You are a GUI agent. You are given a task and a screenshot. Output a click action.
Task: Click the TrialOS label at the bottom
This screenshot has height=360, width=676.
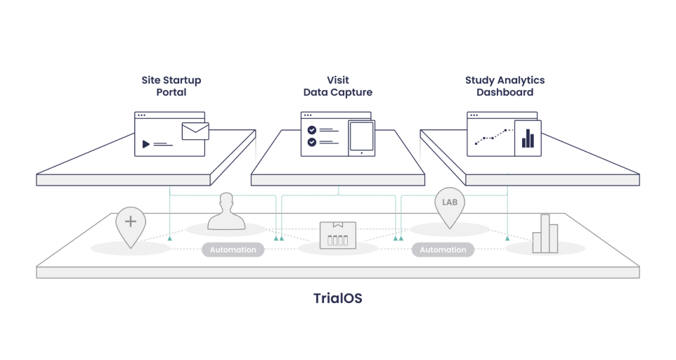click(337, 297)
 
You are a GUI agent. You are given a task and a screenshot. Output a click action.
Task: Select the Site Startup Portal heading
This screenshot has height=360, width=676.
click(171, 86)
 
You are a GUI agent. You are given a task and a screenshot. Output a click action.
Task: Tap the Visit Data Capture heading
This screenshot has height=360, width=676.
click(337, 86)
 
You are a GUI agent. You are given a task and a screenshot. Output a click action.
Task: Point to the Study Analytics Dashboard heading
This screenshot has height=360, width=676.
click(505, 86)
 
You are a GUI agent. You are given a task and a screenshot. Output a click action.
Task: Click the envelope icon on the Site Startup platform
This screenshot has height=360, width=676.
click(195, 131)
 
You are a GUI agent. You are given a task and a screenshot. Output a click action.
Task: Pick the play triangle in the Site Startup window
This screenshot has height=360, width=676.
click(146, 144)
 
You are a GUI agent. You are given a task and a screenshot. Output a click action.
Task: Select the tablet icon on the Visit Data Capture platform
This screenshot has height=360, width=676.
click(361, 137)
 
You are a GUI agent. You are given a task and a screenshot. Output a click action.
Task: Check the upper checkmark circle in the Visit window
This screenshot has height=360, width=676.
click(312, 129)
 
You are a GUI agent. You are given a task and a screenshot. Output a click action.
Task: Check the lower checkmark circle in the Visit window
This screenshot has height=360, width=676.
click(312, 142)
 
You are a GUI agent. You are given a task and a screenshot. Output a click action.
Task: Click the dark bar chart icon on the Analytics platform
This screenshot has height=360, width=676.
click(528, 137)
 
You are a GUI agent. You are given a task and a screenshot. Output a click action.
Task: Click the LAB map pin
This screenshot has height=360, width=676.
click(449, 205)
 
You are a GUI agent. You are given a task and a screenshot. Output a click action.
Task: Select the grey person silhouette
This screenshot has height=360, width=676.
click(226, 212)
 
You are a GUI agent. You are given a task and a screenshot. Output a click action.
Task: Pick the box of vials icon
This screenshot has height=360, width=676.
click(338, 235)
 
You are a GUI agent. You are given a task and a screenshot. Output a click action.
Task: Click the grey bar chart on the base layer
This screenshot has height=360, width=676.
click(545, 233)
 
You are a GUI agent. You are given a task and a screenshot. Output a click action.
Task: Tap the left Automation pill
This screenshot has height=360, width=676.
click(233, 250)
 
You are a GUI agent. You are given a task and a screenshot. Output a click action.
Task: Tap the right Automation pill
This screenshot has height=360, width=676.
click(443, 250)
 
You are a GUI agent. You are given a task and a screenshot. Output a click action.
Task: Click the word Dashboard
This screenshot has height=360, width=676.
click(505, 92)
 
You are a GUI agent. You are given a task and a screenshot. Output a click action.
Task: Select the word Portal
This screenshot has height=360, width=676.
click(171, 92)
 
